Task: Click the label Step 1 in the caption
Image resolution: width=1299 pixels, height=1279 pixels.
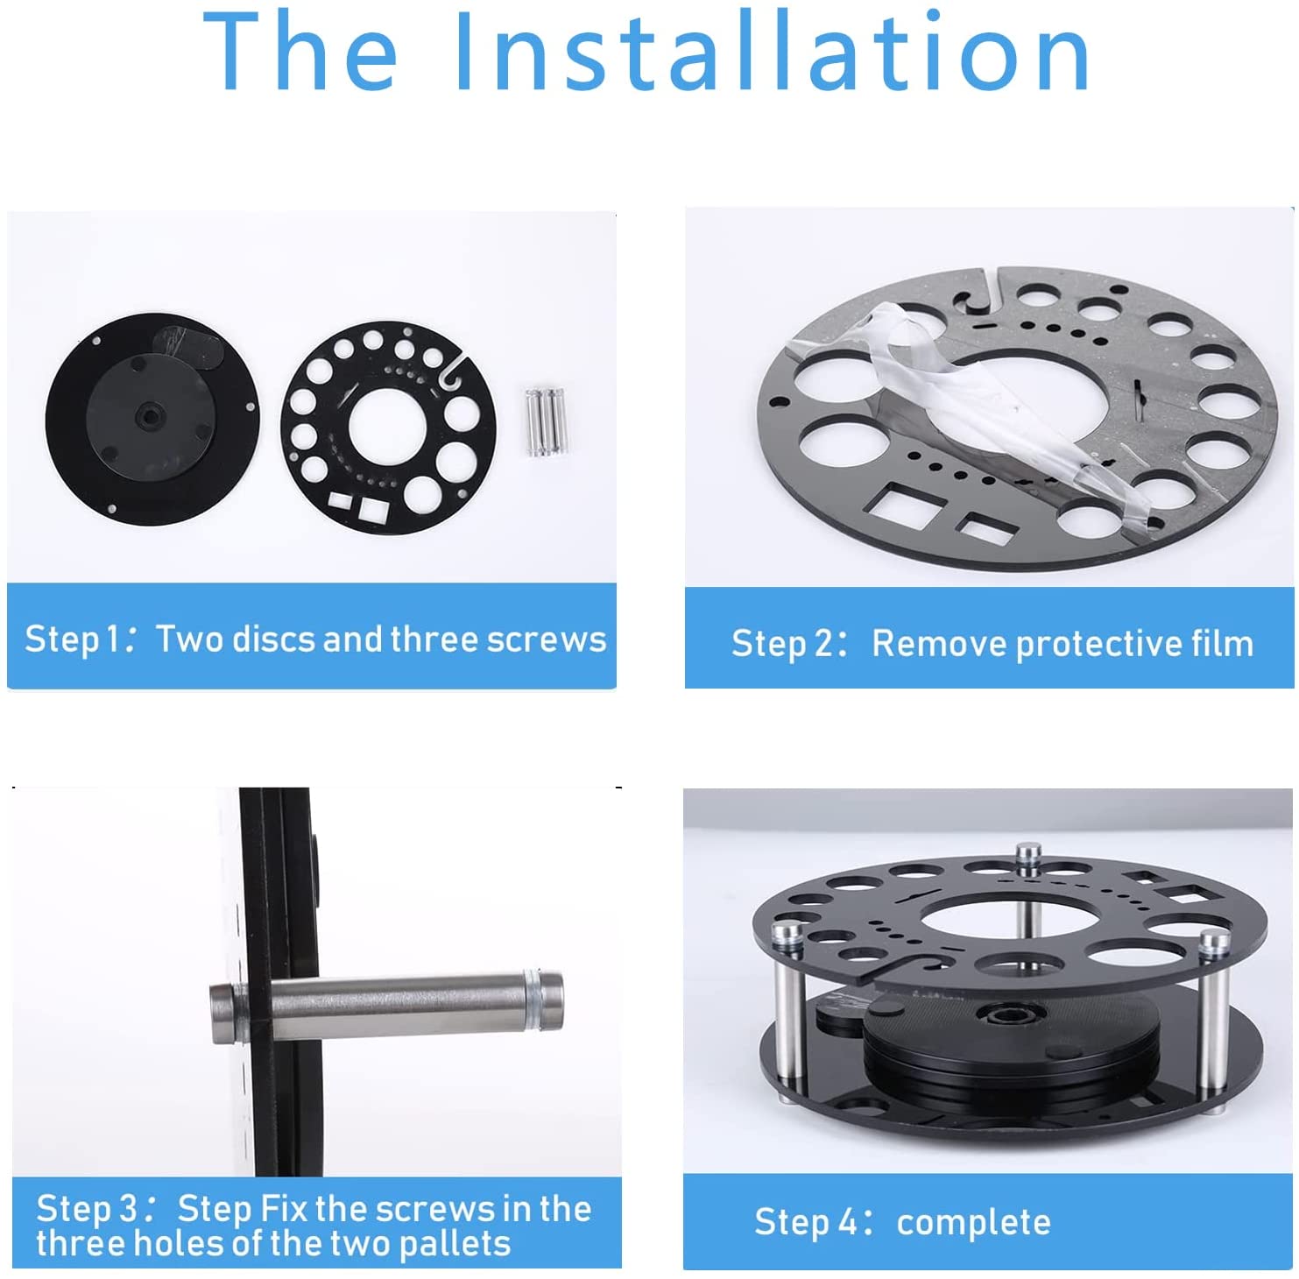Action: pyautogui.click(x=72, y=640)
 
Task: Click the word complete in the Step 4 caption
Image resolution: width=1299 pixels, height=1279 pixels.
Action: pyautogui.click(x=973, y=1223)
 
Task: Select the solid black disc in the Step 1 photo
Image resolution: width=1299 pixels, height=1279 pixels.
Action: pyautogui.click(x=152, y=419)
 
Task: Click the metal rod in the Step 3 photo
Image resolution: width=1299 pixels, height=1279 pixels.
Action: pyautogui.click(x=386, y=1011)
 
